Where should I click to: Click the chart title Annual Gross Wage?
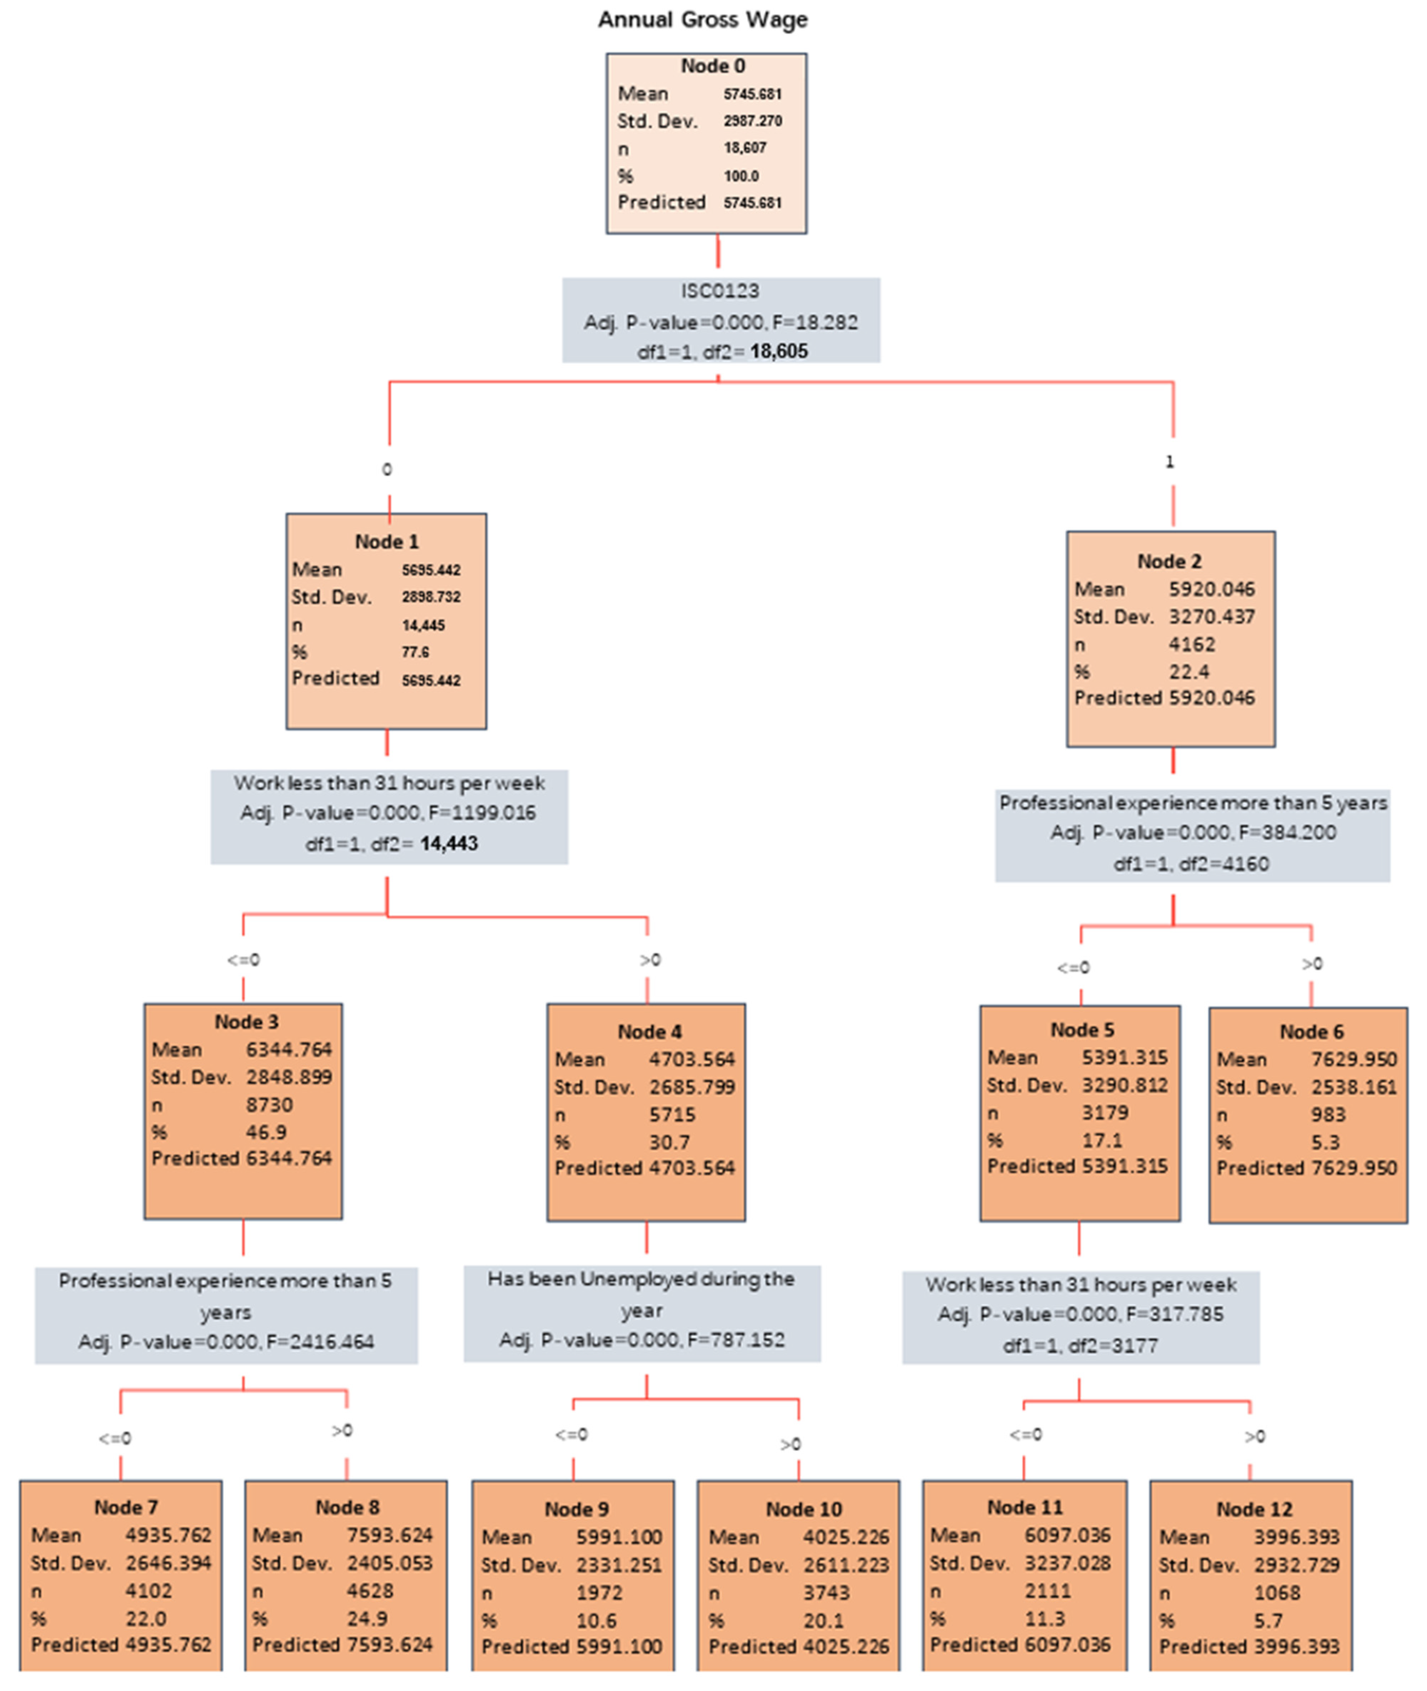[x=702, y=19]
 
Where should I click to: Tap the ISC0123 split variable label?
[x=719, y=290]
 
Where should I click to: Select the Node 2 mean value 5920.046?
[x=1211, y=589]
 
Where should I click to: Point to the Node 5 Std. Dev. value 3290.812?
[x=1125, y=1085]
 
